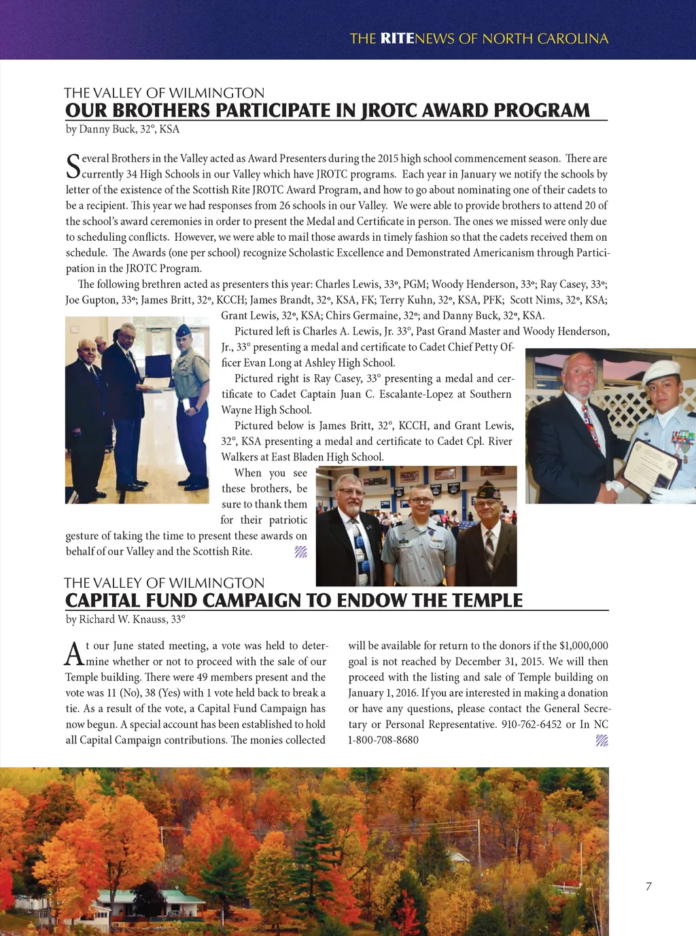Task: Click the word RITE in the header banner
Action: coord(397,39)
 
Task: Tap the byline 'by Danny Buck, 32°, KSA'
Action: coord(122,129)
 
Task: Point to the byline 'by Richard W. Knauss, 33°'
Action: coord(125,620)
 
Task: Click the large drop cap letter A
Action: coord(73,654)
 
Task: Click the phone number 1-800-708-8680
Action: coord(383,740)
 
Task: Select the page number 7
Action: coord(648,886)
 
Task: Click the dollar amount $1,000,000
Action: coord(584,646)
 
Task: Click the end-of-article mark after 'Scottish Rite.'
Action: coord(301,552)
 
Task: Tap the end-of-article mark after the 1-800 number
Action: coord(602,741)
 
